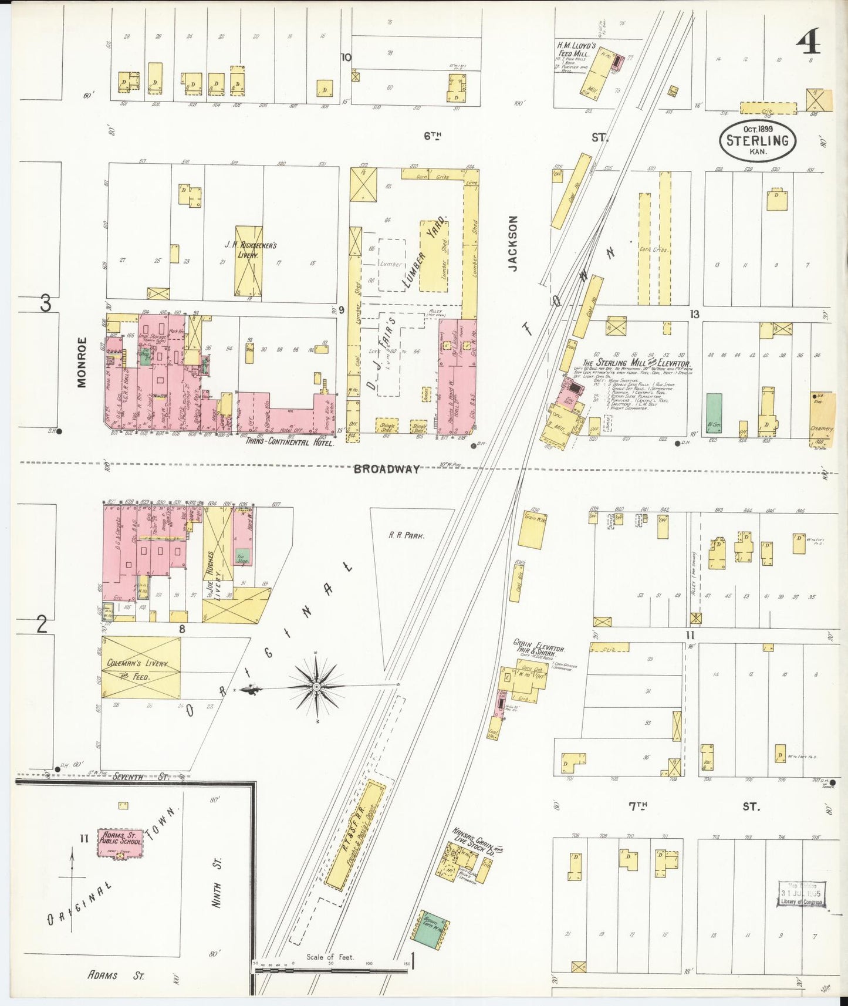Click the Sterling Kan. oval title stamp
(x=758, y=140)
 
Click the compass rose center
(x=316, y=687)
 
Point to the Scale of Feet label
(x=330, y=957)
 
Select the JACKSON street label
(x=513, y=243)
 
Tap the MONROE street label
(x=82, y=362)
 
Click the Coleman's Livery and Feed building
(x=141, y=668)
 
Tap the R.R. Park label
(x=406, y=535)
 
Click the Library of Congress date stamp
(x=802, y=894)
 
